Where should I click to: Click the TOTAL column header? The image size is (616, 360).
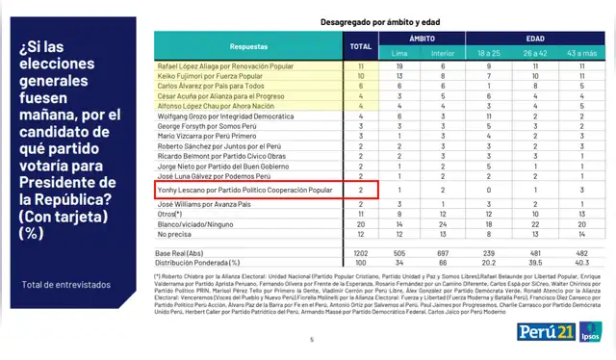361,45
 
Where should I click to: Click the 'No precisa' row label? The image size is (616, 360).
175,233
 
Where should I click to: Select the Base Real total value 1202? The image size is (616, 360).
361,251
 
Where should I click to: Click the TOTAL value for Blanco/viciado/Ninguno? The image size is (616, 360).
361,222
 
